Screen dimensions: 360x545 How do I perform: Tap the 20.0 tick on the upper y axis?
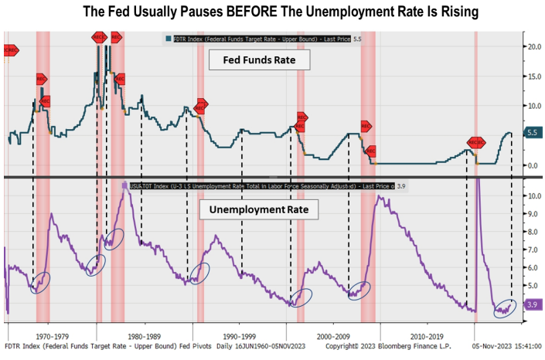tap(533, 46)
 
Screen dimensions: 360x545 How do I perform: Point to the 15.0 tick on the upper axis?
tap(533, 76)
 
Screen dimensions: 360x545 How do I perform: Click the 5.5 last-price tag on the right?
tap(533, 133)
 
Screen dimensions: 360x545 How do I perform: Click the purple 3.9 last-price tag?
tap(533, 305)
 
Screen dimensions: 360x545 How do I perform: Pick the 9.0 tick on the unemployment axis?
tap(533, 214)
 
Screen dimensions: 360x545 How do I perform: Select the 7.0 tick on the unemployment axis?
tap(533, 250)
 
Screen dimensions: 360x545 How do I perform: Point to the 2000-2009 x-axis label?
tap(333, 337)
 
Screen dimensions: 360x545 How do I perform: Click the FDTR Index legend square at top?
tap(167, 39)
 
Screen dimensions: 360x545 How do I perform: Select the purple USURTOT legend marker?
tap(124, 185)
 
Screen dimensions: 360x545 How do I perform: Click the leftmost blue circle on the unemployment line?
tap(39, 283)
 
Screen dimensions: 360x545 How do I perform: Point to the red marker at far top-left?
tap(11, 50)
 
